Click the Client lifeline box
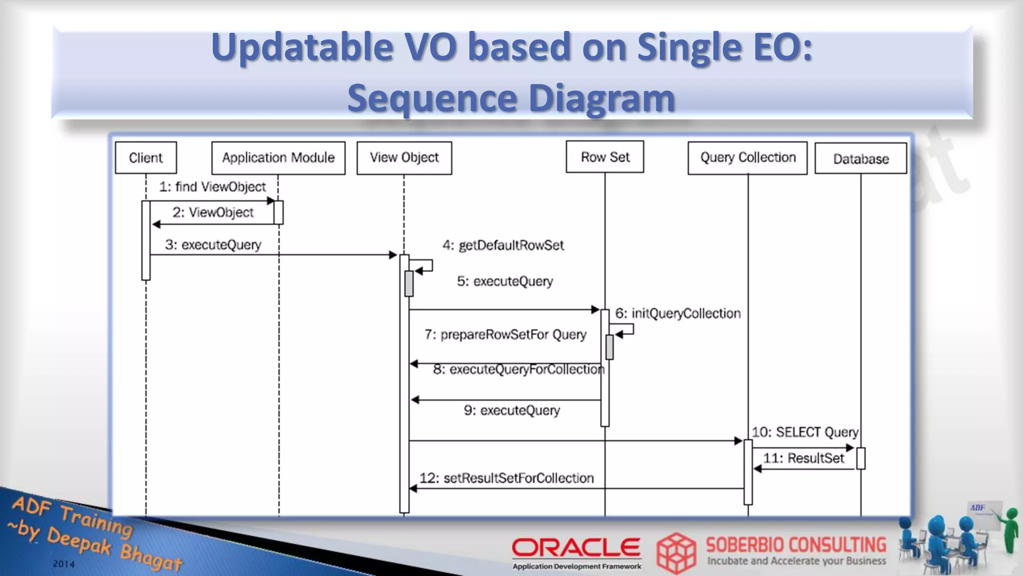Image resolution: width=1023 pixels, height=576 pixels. (146, 157)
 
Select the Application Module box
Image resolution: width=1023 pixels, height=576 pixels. (278, 158)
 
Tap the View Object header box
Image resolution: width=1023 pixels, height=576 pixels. (404, 158)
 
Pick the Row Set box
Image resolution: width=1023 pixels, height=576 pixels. (605, 157)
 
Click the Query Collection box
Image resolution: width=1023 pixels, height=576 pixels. (747, 158)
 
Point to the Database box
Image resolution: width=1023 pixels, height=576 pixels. (861, 158)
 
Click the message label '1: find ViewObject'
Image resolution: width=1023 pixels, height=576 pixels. (212, 187)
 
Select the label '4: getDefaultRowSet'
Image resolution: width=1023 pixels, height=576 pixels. (503, 245)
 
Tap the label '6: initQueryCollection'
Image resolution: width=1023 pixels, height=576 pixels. (678, 313)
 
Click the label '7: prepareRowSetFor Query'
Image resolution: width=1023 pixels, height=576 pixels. (505, 334)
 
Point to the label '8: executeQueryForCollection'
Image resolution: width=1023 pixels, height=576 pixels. (518, 369)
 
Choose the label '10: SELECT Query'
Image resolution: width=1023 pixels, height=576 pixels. (805, 432)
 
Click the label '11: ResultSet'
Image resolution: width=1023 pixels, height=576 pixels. (803, 458)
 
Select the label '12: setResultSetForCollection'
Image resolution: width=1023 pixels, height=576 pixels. (507, 478)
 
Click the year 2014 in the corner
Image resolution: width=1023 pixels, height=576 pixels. (63, 564)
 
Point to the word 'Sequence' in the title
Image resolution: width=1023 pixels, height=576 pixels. (432, 98)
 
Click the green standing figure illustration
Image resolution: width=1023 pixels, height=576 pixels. (1010, 530)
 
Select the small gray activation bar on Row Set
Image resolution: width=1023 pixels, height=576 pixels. (609, 347)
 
